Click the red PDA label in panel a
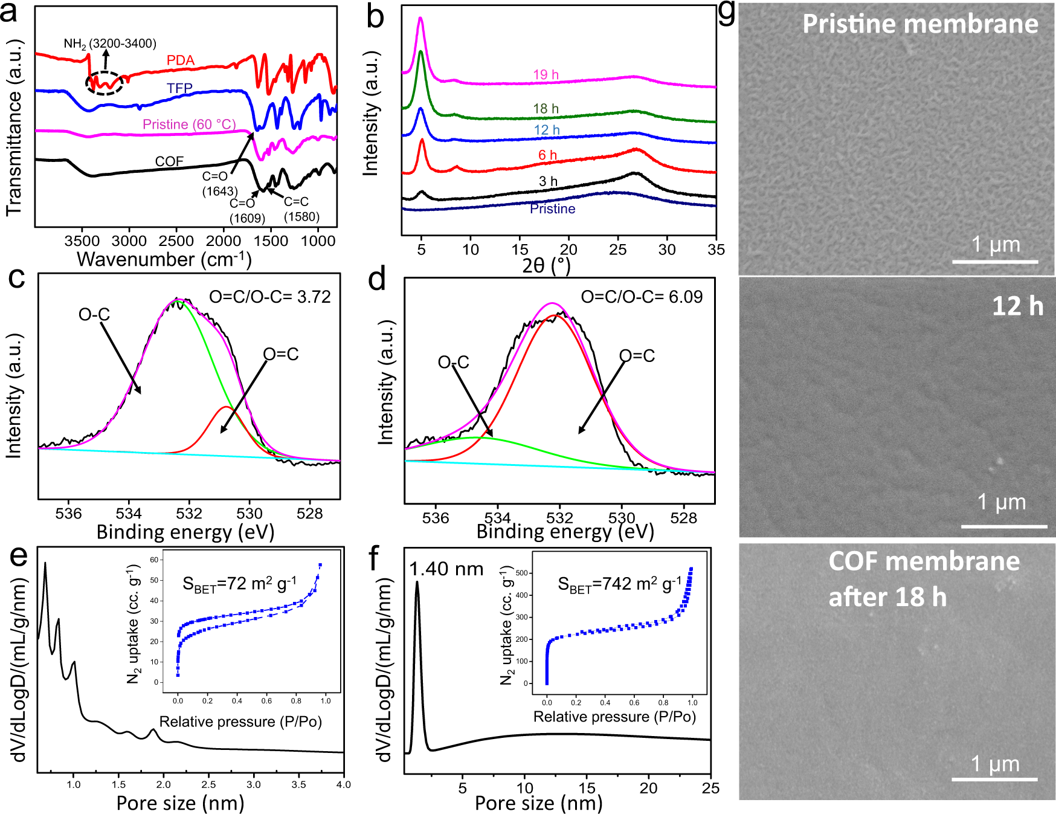point(181,60)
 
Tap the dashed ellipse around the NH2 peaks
point(105,83)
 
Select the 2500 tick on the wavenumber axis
point(176,241)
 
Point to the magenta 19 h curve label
point(546,75)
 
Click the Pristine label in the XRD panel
point(552,209)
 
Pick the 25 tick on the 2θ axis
point(617,250)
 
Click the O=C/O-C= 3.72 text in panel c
point(270,297)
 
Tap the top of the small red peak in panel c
point(227,407)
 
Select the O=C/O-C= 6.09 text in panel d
point(642,297)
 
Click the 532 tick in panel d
point(559,518)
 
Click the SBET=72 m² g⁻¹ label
point(239,584)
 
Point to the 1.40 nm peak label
point(446,569)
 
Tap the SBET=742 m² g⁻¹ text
point(619,584)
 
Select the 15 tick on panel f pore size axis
point(587,788)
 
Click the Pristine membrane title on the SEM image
point(919,24)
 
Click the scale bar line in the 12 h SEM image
point(1003,526)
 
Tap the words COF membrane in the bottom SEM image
point(924,561)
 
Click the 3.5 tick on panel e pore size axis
point(298,784)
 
